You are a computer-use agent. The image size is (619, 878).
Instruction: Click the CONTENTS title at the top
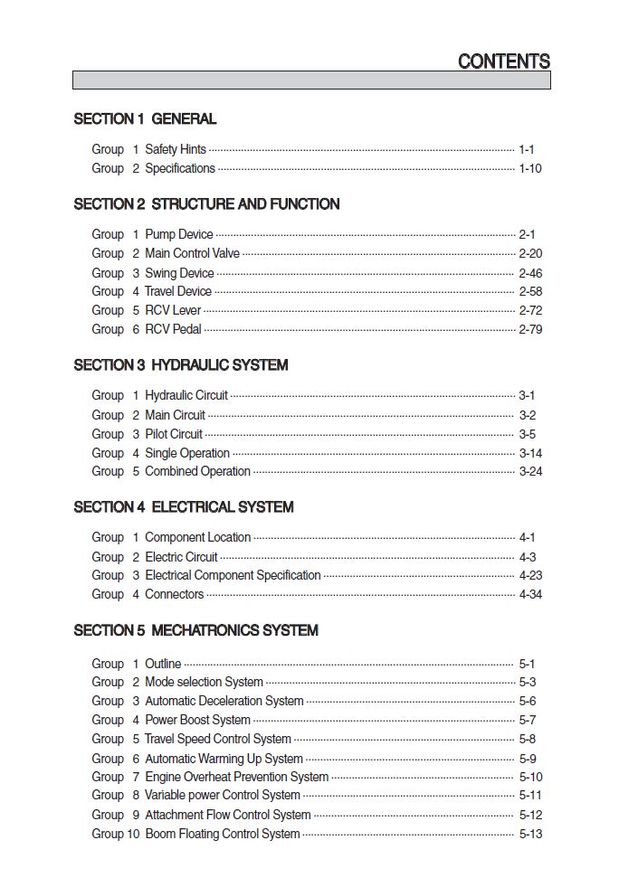pyautogui.click(x=503, y=61)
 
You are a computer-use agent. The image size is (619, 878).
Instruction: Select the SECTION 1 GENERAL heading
pyautogui.click(x=145, y=118)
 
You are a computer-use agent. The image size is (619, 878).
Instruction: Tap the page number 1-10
pyautogui.click(x=530, y=168)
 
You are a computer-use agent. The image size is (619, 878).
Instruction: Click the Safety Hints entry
pyautogui.click(x=176, y=149)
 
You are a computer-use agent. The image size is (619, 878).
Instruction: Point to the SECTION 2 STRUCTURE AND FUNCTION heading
pyautogui.click(x=206, y=204)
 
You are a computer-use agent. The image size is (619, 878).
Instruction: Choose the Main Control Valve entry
pyautogui.click(x=192, y=253)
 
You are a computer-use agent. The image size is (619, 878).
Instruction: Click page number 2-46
pyautogui.click(x=530, y=273)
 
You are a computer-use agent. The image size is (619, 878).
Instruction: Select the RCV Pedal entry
pyautogui.click(x=173, y=329)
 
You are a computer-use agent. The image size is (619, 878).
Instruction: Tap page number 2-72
pyautogui.click(x=530, y=310)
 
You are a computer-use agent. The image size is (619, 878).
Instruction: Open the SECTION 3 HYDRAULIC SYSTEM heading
pyautogui.click(x=181, y=365)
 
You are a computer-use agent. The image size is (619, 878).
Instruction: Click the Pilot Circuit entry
pyautogui.click(x=174, y=434)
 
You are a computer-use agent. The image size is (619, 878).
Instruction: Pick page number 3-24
pyautogui.click(x=530, y=471)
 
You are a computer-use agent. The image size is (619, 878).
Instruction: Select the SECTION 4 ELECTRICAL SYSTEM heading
pyautogui.click(x=184, y=507)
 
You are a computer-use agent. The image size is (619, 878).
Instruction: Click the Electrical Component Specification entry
pyautogui.click(x=233, y=575)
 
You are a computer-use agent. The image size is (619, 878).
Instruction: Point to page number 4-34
pyautogui.click(x=530, y=594)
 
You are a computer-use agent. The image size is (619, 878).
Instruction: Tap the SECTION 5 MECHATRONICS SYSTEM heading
pyautogui.click(x=195, y=630)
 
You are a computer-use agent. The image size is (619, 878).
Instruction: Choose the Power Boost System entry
pyautogui.click(x=197, y=720)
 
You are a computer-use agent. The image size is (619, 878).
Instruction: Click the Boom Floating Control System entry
pyautogui.click(x=222, y=834)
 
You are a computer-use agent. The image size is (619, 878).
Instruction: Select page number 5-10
pyautogui.click(x=530, y=777)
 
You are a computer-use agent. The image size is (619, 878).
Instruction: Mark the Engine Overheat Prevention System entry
pyautogui.click(x=236, y=777)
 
